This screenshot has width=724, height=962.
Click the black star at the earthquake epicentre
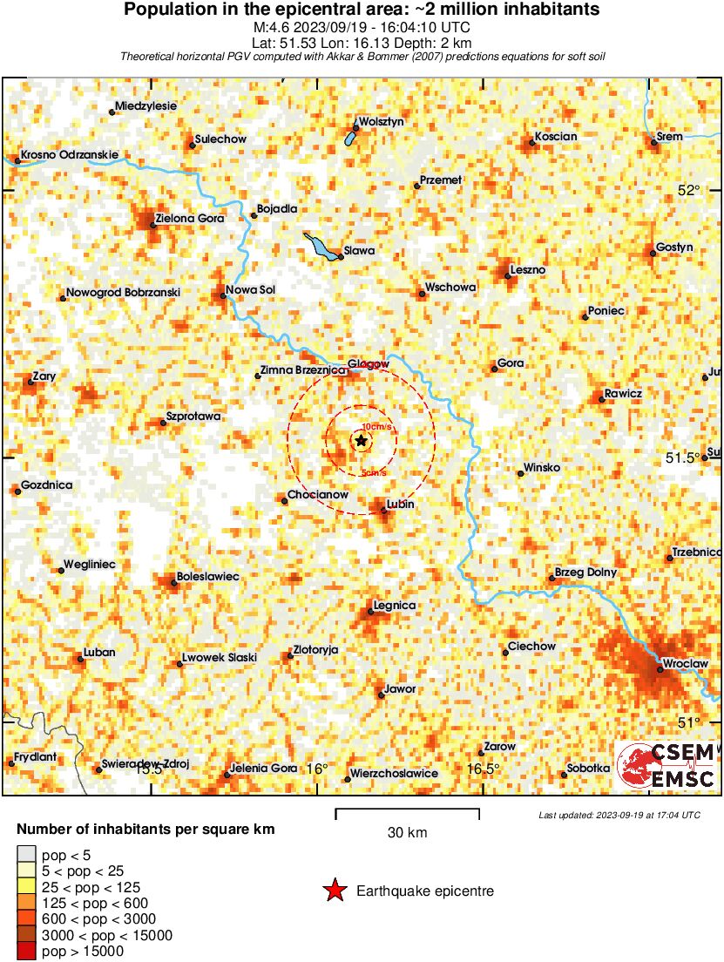click(x=361, y=441)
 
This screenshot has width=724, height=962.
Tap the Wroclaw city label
click(x=686, y=664)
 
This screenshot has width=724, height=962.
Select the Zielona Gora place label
click(x=189, y=218)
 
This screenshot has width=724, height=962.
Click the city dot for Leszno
click(x=508, y=276)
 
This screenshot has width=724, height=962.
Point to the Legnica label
click(x=394, y=605)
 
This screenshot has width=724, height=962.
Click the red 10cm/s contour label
click(x=376, y=426)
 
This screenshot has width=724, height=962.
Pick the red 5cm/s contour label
click(x=375, y=473)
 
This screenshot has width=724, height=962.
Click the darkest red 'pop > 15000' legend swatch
click(x=26, y=952)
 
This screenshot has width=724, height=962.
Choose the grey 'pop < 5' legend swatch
click(x=26, y=853)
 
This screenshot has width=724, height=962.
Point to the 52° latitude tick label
click(x=689, y=191)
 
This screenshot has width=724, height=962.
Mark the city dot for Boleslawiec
click(x=174, y=582)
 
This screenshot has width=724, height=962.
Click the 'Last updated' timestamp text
click(x=619, y=815)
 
